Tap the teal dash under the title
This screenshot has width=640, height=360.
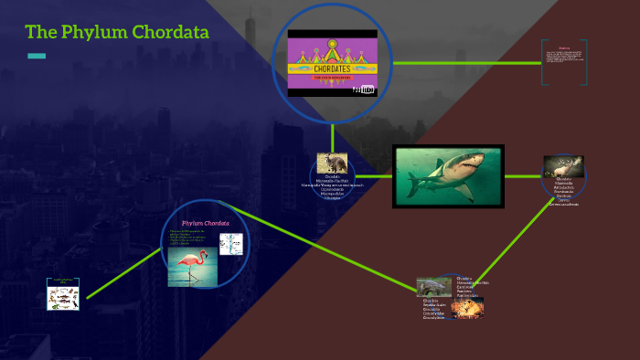[37, 57]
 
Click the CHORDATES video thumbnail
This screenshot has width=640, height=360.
[332, 62]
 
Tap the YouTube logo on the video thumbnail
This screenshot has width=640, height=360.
[365, 89]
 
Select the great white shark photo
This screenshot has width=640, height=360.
[448, 176]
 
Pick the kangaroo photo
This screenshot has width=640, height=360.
[331, 164]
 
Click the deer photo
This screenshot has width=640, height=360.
[563, 166]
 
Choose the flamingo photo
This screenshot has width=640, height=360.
[190, 268]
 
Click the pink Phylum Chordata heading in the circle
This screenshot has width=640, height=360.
[205, 223]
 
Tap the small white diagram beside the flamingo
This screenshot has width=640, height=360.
[230, 244]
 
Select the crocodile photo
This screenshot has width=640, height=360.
[433, 288]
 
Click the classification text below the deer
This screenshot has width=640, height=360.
[563, 191]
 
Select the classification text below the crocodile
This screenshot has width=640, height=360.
[433, 310]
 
